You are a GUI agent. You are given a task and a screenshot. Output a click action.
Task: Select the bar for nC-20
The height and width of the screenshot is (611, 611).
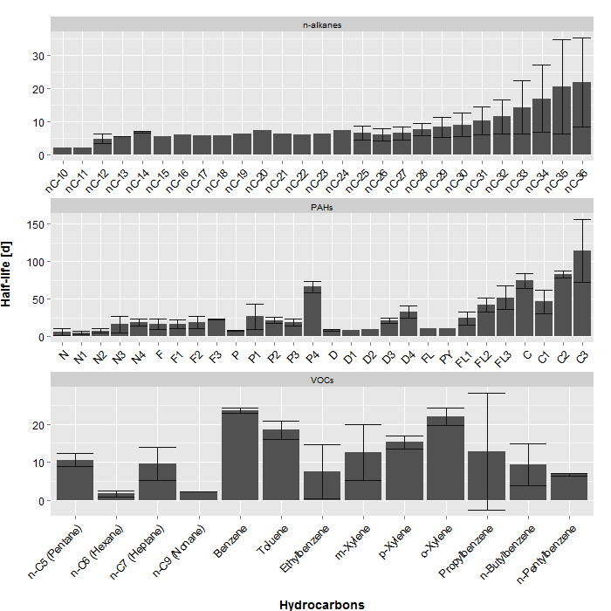262,143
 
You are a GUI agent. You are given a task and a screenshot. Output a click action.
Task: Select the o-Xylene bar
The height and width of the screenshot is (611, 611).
445,458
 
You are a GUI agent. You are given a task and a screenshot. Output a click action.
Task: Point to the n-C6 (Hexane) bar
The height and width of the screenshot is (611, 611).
116,497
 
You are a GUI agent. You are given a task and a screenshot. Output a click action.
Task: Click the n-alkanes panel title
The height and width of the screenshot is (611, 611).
322,24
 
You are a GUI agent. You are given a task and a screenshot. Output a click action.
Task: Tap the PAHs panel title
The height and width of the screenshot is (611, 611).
322,208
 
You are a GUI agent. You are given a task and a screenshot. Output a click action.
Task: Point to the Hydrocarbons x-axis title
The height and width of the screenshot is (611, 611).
322,604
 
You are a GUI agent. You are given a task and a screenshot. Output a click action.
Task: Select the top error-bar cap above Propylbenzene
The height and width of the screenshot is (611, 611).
486,394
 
